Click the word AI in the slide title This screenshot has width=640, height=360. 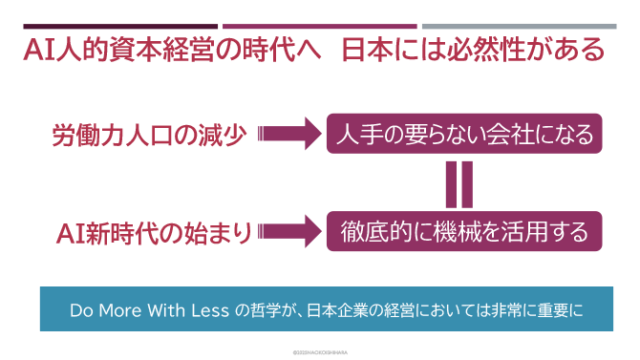tap(38, 49)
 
